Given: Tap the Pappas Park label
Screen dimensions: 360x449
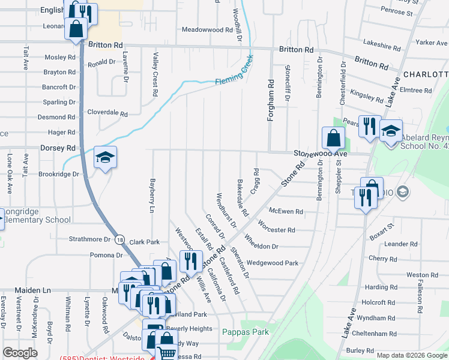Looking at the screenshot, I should [244, 331].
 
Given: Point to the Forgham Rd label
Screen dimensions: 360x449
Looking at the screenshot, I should [271, 101].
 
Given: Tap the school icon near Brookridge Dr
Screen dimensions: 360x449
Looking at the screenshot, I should [105, 157].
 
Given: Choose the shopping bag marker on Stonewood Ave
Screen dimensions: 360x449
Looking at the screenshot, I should [333, 138].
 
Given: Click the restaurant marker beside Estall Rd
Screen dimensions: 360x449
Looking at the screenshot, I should [191, 261].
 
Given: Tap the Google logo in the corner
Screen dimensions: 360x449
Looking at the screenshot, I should [20, 353].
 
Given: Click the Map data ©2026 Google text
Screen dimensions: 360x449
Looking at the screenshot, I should [412, 355].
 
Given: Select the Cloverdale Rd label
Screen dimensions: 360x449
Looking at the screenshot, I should [107, 113].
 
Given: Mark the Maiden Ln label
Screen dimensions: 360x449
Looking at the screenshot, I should [22, 290].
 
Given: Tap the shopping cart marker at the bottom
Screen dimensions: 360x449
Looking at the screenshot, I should [166, 353].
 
